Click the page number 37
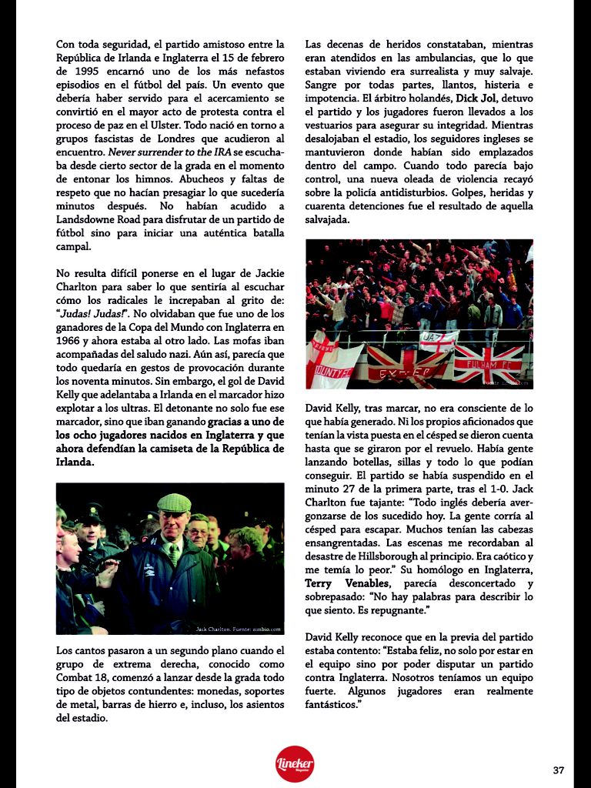(x=559, y=770)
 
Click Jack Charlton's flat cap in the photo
(x=174, y=503)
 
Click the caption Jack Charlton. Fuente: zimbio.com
(x=239, y=629)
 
